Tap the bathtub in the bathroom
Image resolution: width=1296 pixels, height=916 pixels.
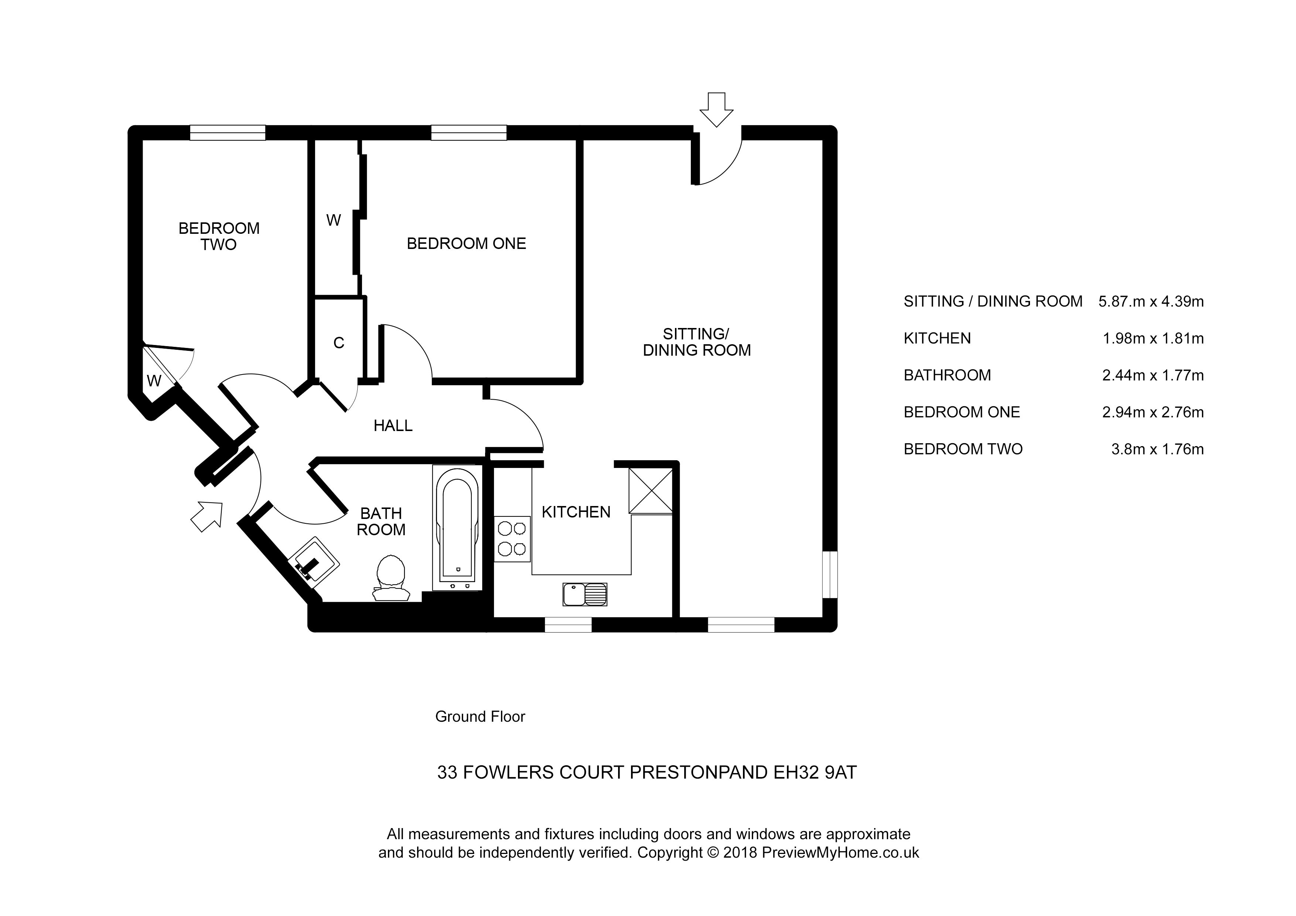(x=457, y=528)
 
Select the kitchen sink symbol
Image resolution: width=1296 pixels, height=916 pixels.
(x=585, y=594)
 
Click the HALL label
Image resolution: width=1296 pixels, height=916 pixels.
(x=393, y=425)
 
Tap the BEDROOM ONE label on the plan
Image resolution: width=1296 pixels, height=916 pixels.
(x=466, y=244)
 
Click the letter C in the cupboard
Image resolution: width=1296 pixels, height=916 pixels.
(x=339, y=343)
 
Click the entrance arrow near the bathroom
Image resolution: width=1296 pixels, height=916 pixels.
(x=207, y=515)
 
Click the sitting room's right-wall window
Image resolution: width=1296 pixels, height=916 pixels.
(x=830, y=574)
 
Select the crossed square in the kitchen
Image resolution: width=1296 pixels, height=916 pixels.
(x=651, y=491)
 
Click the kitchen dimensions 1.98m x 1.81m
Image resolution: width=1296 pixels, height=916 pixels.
(x=1153, y=339)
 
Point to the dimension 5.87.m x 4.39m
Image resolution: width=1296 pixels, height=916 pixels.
(x=1151, y=301)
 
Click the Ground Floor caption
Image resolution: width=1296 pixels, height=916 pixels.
(x=480, y=717)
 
